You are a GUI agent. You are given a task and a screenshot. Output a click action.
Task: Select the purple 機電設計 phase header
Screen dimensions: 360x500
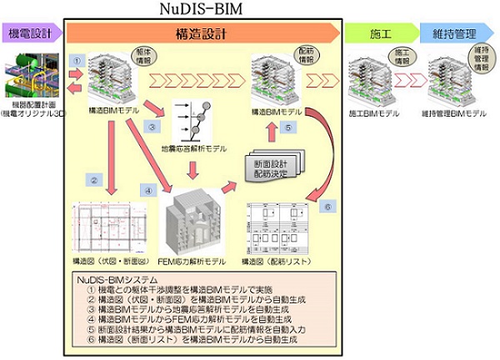pyautogui.click(x=29, y=33)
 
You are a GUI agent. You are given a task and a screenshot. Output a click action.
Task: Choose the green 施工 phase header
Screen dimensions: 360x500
pyautogui.click(x=381, y=33)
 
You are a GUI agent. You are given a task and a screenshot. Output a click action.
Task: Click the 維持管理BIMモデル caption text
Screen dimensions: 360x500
pyautogui.click(x=454, y=112)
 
